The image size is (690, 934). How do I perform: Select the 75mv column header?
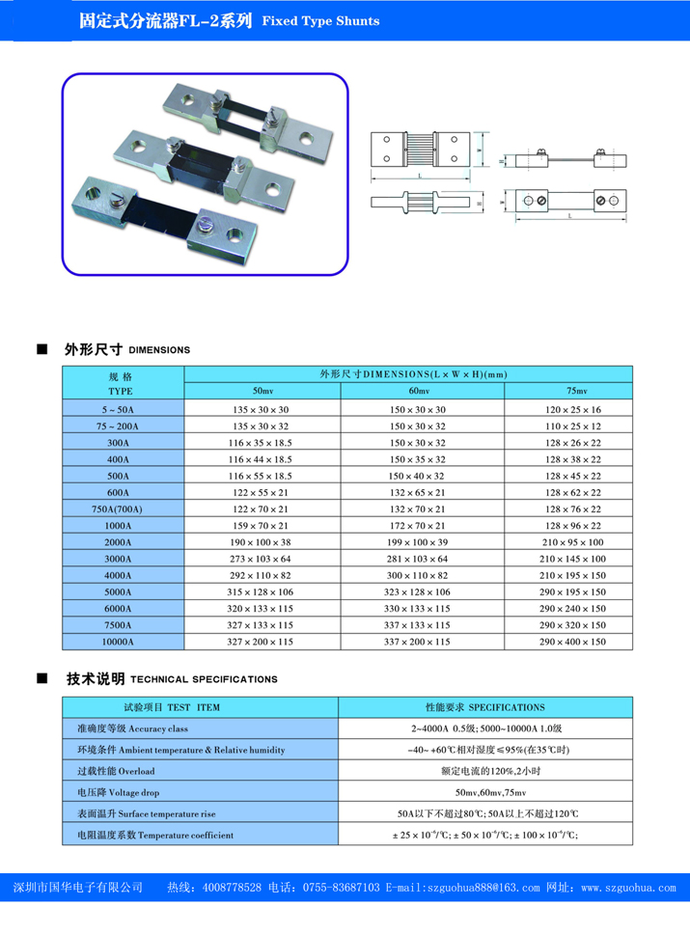tap(577, 391)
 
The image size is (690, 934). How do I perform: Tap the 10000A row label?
tap(121, 641)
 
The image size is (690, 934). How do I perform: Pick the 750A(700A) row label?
tap(121, 508)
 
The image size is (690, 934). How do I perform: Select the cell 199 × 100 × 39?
tap(421, 541)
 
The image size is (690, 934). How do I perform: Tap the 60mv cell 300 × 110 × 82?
tap(421, 575)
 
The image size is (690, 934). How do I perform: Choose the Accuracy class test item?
tap(117, 728)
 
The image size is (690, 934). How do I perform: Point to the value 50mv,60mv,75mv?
tap(485, 792)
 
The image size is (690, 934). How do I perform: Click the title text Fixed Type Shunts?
tap(320, 20)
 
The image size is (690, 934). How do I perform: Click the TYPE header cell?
tap(121, 383)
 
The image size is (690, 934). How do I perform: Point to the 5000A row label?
tap(121, 591)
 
